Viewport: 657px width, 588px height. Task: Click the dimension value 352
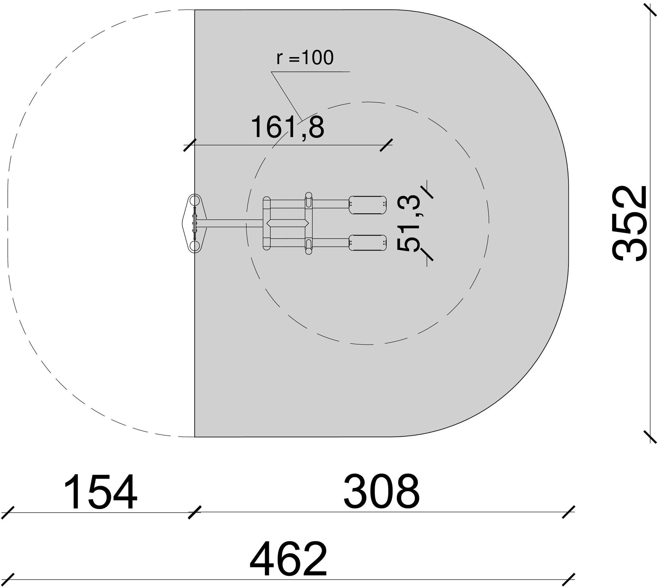coord(630,224)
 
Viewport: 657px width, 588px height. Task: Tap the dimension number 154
coord(100,492)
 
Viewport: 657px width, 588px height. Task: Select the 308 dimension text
coord(381,492)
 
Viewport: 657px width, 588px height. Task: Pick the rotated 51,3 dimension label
coord(409,223)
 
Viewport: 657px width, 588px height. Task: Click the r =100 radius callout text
coord(305,58)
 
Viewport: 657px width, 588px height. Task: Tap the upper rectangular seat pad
coord(368,205)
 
